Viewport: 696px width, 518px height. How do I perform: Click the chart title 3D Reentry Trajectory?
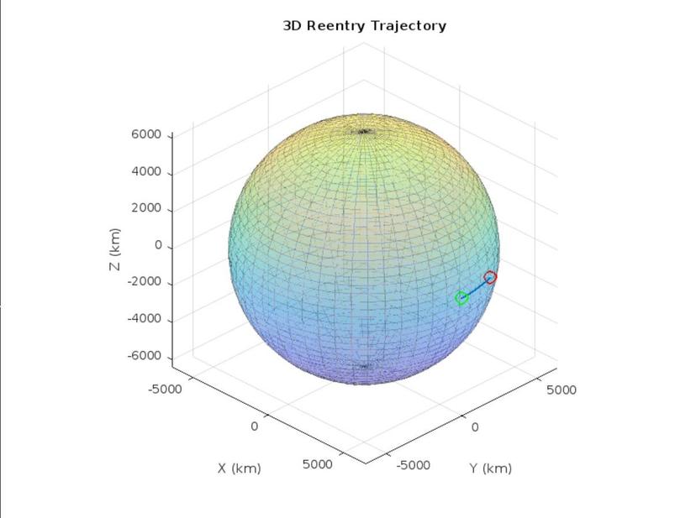click(x=364, y=25)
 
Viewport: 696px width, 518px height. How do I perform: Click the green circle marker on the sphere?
click(x=461, y=298)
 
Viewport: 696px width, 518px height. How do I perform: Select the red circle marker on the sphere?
click(x=490, y=277)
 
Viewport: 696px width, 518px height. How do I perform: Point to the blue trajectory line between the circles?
click(x=476, y=288)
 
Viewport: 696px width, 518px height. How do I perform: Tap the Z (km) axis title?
click(x=115, y=249)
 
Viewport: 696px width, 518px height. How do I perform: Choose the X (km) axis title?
click(x=240, y=468)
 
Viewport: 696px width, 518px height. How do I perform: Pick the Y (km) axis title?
click(x=490, y=468)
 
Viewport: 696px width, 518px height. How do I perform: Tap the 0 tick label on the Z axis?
click(x=157, y=246)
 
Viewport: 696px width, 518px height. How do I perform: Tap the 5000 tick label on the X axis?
click(x=317, y=464)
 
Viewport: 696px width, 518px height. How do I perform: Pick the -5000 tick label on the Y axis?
click(x=413, y=464)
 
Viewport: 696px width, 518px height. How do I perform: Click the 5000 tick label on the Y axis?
click(x=562, y=390)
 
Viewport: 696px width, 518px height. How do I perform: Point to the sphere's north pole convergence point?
click(x=364, y=131)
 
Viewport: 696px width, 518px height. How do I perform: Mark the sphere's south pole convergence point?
click(x=364, y=366)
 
